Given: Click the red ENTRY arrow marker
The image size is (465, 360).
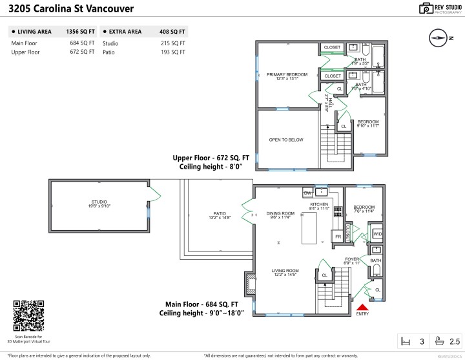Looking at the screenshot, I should coord(362,308).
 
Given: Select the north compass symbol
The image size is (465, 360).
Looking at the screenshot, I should coord(439,38).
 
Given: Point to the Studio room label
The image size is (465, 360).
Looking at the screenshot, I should coord(99,204).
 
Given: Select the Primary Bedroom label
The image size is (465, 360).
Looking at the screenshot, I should coord(287,77).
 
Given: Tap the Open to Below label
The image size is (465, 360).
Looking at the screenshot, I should coord(287,140).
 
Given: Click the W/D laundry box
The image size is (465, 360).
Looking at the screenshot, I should coord(377,234).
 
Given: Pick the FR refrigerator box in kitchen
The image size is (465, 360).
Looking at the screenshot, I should coord(337,237).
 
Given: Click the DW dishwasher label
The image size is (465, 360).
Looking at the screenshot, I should coord(307,193).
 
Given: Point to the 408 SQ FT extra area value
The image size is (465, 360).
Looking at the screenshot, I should coord(173,31).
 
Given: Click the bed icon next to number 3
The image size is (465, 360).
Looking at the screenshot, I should coord(406,341).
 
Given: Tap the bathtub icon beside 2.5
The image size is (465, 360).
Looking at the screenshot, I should coord(439,341).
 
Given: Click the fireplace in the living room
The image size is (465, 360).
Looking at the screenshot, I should coord(247,282).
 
